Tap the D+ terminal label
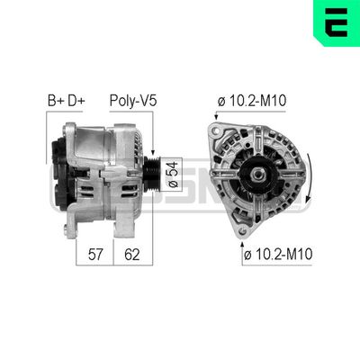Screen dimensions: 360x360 tap(76, 102)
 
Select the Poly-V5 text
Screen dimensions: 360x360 tap(133, 102)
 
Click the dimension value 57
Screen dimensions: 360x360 tap(94, 255)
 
